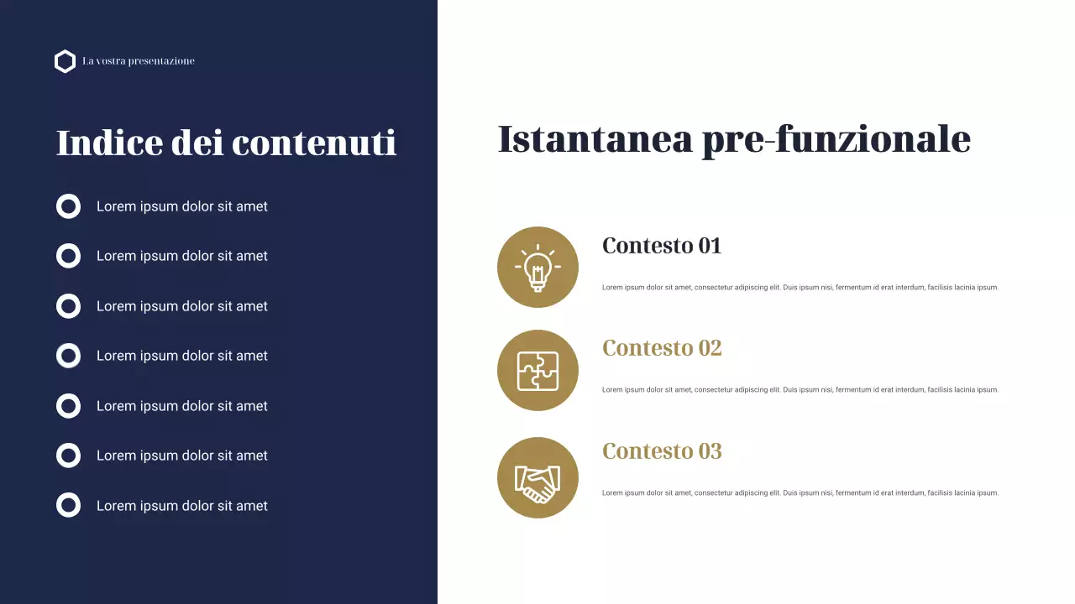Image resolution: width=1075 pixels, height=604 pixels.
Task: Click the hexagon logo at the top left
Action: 65,61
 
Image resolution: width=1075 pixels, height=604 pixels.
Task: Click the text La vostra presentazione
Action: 139,61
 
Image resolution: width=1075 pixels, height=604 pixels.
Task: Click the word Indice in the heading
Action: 109,143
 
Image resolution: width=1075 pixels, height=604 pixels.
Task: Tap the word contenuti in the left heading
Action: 314,143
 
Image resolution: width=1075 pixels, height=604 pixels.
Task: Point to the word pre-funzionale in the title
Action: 836,139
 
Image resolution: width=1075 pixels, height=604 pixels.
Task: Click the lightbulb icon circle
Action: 537,267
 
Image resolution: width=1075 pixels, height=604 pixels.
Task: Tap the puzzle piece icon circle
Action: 537,370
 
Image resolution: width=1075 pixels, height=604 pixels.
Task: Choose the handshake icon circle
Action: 537,477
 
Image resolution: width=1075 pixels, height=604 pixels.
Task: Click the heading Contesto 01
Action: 662,246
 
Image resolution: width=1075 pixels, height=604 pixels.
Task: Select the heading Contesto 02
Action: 662,348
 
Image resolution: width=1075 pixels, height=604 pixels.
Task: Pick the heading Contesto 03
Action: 662,451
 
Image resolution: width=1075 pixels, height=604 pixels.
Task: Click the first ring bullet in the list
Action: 68,206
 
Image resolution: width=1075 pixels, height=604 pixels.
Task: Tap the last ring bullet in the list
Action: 68,505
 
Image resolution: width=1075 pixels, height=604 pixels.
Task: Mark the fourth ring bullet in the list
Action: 68,356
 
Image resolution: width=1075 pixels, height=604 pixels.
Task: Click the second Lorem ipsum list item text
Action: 181,256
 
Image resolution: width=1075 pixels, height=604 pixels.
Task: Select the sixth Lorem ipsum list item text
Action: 181,456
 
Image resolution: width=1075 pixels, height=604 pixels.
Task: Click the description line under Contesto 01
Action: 800,288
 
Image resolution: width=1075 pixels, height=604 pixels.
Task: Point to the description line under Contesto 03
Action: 800,493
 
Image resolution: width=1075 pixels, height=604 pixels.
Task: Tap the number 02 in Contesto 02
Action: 710,348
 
